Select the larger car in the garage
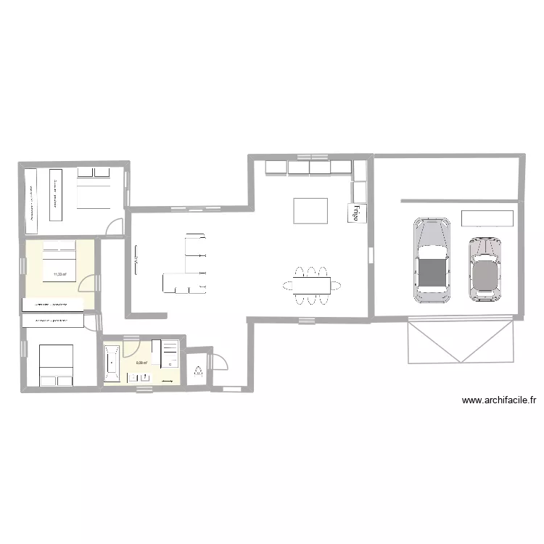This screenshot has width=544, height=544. (432, 260)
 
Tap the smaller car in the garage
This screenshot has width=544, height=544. (485, 269)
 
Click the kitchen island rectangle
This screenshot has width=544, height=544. (310, 210)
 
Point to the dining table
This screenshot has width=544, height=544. (311, 282)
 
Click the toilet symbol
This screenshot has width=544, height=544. (198, 371)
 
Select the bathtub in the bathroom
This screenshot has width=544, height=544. (112, 363)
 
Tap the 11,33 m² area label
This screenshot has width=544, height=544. (59, 275)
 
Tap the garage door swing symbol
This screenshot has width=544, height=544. (461, 341)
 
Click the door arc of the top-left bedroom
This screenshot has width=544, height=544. (115, 227)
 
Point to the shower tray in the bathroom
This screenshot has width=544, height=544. (168, 353)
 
